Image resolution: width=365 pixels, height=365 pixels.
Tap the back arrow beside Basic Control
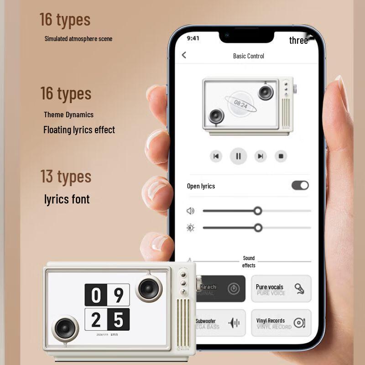184,55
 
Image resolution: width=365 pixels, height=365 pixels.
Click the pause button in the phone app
238,156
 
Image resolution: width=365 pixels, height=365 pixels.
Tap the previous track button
216,156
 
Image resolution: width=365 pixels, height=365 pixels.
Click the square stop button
281,156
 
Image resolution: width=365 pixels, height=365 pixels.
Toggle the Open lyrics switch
300,185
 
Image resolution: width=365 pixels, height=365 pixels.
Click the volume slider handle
258,211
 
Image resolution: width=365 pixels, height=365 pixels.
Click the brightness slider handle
258,228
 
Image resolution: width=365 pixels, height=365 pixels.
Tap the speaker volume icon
191,211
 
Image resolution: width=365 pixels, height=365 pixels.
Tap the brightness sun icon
191,228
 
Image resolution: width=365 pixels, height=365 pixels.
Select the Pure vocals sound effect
281,289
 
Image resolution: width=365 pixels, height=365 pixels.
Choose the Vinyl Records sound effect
281,323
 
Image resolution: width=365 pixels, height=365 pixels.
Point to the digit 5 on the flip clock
118,320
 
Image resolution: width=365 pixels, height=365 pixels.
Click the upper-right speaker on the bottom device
148,288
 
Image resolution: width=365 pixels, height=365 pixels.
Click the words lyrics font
67,199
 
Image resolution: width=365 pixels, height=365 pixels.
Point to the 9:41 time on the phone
193,38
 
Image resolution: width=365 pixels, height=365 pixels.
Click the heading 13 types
66,177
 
